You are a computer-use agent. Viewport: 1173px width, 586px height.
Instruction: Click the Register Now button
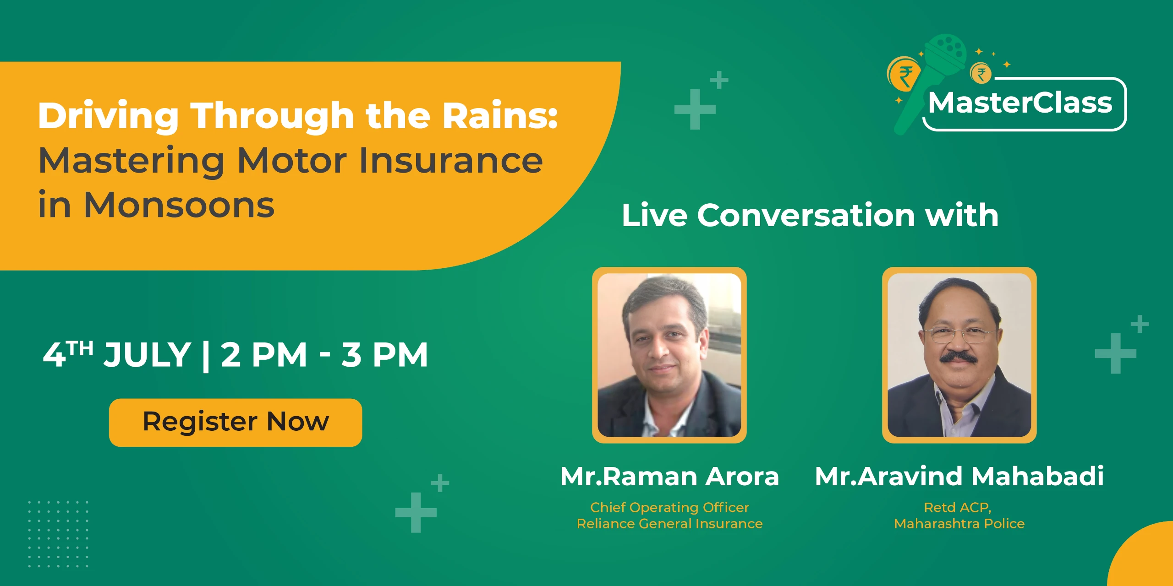click(x=236, y=422)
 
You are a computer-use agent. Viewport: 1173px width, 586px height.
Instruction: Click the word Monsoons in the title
click(x=179, y=205)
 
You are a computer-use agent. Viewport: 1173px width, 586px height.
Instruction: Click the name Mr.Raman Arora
click(x=669, y=476)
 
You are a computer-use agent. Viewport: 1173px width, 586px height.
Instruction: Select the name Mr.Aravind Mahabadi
click(x=959, y=476)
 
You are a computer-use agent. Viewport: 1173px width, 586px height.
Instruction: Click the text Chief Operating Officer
click(x=669, y=507)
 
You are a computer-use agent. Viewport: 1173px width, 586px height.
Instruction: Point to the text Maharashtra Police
click(x=959, y=523)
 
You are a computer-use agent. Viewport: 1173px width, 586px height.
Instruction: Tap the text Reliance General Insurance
click(x=669, y=523)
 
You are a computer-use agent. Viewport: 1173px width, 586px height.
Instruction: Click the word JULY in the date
click(x=147, y=355)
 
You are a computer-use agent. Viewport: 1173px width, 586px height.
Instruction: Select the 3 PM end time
click(x=384, y=355)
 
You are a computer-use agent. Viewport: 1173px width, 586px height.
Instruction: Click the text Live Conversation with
click(x=810, y=215)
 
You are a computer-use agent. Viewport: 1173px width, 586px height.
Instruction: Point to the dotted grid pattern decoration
click(x=58, y=534)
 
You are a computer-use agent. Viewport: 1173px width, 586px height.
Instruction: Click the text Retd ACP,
click(x=958, y=507)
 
